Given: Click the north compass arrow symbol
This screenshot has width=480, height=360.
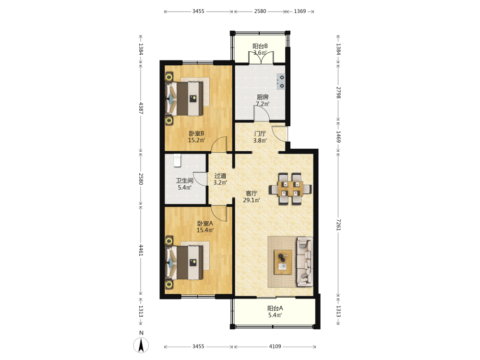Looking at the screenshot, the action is tap(141, 345).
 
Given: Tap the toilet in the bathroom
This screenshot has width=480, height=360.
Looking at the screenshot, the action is tap(177, 161).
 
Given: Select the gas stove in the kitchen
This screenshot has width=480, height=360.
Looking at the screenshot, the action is tap(281, 82).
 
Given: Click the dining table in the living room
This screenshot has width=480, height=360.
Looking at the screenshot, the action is tap(290, 189).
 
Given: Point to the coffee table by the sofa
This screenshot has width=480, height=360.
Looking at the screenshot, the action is tap(283, 262).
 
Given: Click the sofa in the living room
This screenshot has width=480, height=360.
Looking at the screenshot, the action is tap(305, 262).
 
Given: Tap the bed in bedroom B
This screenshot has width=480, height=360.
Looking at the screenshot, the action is tap(184, 98).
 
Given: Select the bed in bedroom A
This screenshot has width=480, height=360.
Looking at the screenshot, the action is tap(184, 263).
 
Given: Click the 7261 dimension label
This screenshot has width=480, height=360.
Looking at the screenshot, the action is tap(338, 225).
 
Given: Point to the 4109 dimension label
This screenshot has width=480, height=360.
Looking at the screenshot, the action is tap(275, 346).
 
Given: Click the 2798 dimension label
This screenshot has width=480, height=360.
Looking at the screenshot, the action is tap(338, 93).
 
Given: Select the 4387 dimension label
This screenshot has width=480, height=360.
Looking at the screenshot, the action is tap(141, 108).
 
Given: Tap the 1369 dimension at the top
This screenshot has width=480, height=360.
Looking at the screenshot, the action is tap(300, 12).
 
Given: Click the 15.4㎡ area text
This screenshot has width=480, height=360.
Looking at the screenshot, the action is tap(205, 230).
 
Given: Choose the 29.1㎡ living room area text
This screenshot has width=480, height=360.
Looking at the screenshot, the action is tap(252, 200).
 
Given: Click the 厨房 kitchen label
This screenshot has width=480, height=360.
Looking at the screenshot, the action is tap(263, 97).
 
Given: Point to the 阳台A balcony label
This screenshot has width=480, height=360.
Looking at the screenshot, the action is tap(275, 308).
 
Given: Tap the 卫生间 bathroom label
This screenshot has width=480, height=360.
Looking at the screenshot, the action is tap(185, 180).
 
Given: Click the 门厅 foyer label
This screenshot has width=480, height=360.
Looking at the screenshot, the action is tap(260, 134).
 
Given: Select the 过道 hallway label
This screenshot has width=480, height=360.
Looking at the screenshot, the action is tap(220, 176).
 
